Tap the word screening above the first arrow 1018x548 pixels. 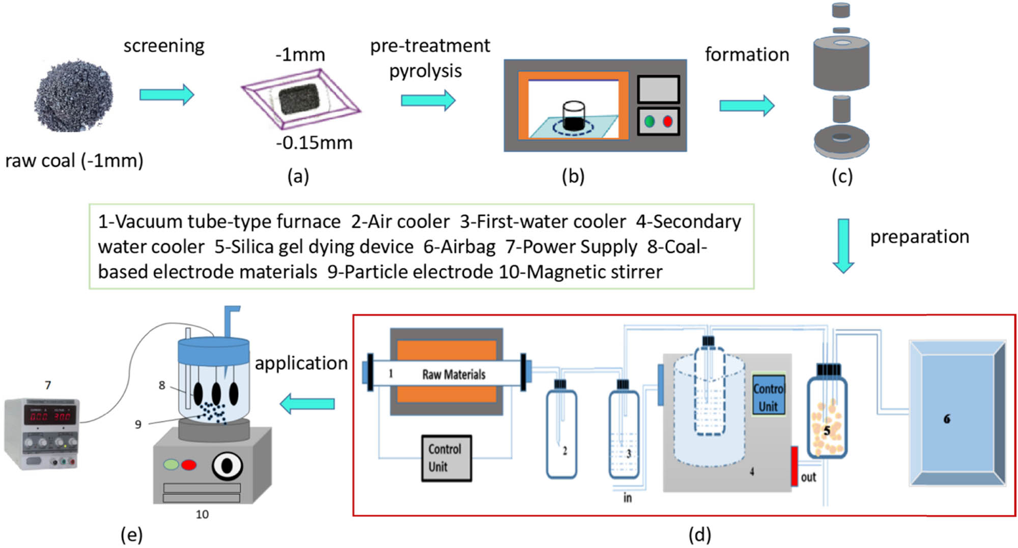click(164, 46)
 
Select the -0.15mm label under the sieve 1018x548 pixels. click(314, 143)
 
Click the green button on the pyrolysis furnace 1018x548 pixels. click(649, 122)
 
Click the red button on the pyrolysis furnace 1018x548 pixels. click(668, 122)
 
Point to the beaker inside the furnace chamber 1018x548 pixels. click(574, 116)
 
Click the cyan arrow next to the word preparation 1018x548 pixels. click(843, 246)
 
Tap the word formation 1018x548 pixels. click(747, 54)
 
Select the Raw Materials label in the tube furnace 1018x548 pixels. click(454, 374)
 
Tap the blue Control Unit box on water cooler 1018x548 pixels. click(769, 397)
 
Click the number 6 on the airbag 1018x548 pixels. click(947, 419)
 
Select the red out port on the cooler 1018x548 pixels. click(794, 466)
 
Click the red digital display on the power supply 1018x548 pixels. click(51, 416)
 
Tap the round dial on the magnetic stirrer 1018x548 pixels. click(227, 466)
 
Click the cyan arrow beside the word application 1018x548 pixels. click(307, 403)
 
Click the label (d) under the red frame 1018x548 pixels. click(699, 535)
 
